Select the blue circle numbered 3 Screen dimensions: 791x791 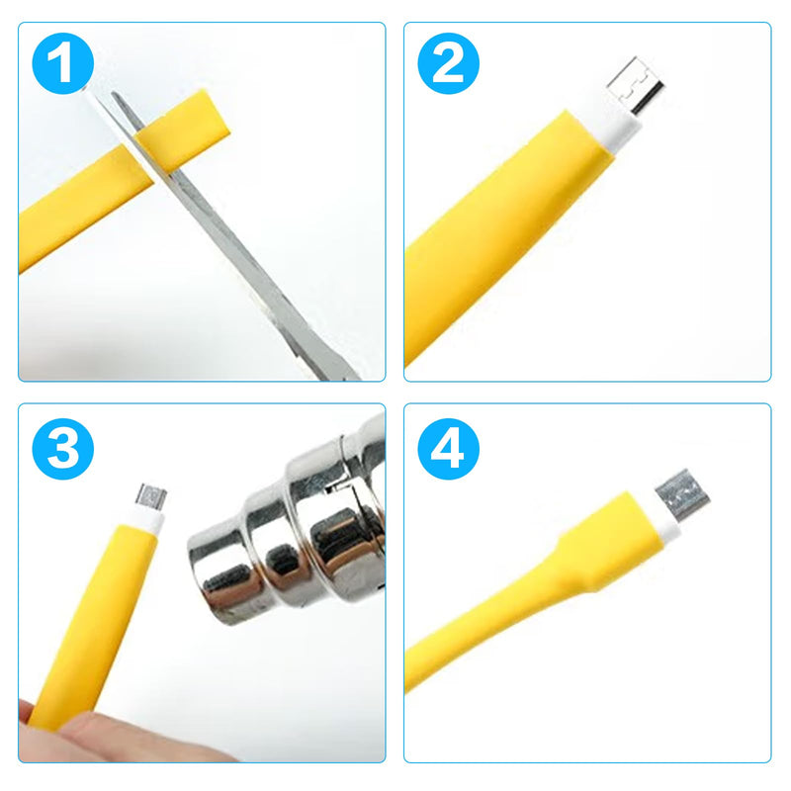(x=62, y=449)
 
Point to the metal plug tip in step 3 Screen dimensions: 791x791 (x=151, y=495)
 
